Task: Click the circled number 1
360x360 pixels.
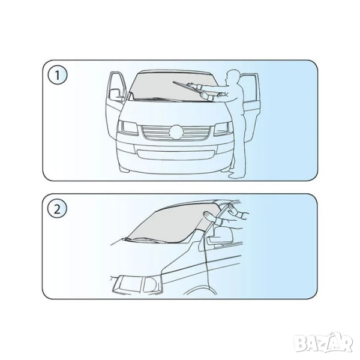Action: tap(58, 75)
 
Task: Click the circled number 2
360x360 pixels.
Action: tap(57, 209)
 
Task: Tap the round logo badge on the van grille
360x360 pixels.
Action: tap(176, 132)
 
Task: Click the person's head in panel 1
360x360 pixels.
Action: tap(232, 77)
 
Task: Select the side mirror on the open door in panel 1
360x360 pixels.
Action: tap(115, 95)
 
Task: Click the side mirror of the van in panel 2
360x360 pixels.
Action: tap(220, 237)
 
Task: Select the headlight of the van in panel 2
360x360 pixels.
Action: tap(138, 284)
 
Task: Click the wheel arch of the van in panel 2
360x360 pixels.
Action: tap(200, 289)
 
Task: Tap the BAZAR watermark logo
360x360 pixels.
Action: tap(323, 343)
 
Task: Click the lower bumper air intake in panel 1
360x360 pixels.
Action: tap(175, 154)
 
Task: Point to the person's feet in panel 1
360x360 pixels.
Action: tap(236, 175)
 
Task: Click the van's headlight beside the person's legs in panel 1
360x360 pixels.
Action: tap(223, 129)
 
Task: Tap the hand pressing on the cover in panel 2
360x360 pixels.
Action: tap(209, 216)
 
